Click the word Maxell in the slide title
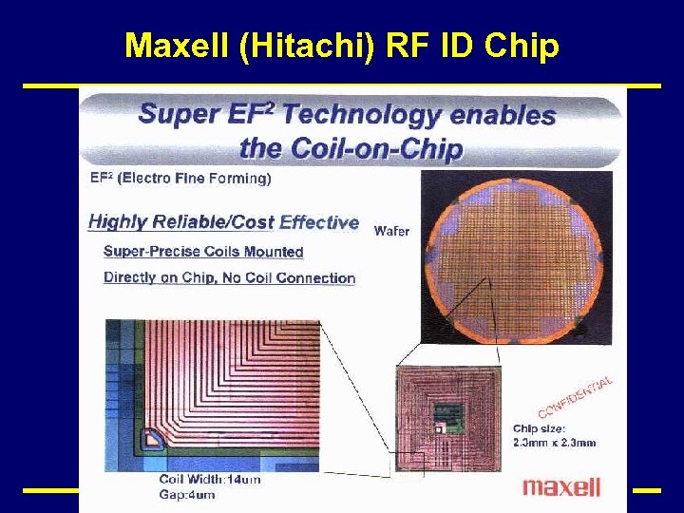tap(178, 45)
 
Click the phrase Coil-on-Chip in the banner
tap(351, 148)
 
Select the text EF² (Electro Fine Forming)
tap(180, 178)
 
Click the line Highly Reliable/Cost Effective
tap(223, 222)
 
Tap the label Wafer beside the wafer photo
tap(392, 231)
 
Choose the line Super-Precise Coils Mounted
tap(203, 252)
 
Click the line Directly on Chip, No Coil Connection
tap(229, 278)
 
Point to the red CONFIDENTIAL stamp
tap(576, 397)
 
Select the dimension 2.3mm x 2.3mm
tap(555, 442)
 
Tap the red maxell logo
tap(561, 487)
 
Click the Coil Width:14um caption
tap(210, 480)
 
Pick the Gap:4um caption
tap(187, 494)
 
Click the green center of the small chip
tap(446, 416)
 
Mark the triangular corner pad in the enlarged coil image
tap(151, 438)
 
